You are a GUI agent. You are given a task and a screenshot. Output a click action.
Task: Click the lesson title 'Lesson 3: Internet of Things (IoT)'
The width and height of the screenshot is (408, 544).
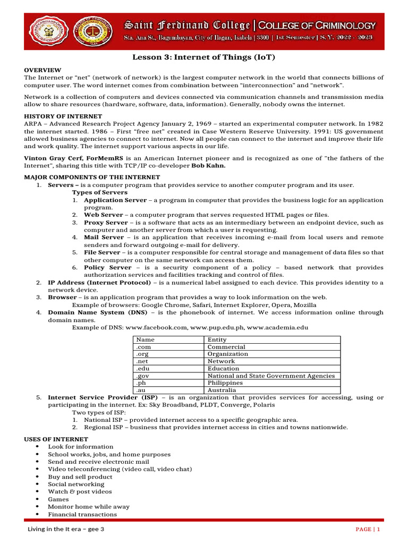click(203, 57)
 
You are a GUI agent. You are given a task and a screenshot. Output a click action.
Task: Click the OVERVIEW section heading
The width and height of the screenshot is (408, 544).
click(42, 70)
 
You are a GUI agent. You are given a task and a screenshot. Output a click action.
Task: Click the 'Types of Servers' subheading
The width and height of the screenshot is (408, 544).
click(100, 192)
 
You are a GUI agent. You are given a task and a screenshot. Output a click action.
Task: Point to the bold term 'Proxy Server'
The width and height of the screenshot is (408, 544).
click(106, 223)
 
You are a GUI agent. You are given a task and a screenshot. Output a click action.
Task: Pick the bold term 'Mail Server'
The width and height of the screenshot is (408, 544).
click(104, 237)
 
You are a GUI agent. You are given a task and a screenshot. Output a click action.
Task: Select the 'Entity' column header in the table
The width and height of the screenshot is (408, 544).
click(217, 339)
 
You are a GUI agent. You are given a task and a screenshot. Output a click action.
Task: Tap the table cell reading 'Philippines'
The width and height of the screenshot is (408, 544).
click(225, 382)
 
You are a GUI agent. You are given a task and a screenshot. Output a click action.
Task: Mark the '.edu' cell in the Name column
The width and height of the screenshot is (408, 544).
click(142, 368)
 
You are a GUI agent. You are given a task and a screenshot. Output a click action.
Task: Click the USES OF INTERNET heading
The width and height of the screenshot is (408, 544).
click(56, 439)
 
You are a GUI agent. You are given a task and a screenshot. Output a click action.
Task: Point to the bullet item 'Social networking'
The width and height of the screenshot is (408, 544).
click(69, 484)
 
